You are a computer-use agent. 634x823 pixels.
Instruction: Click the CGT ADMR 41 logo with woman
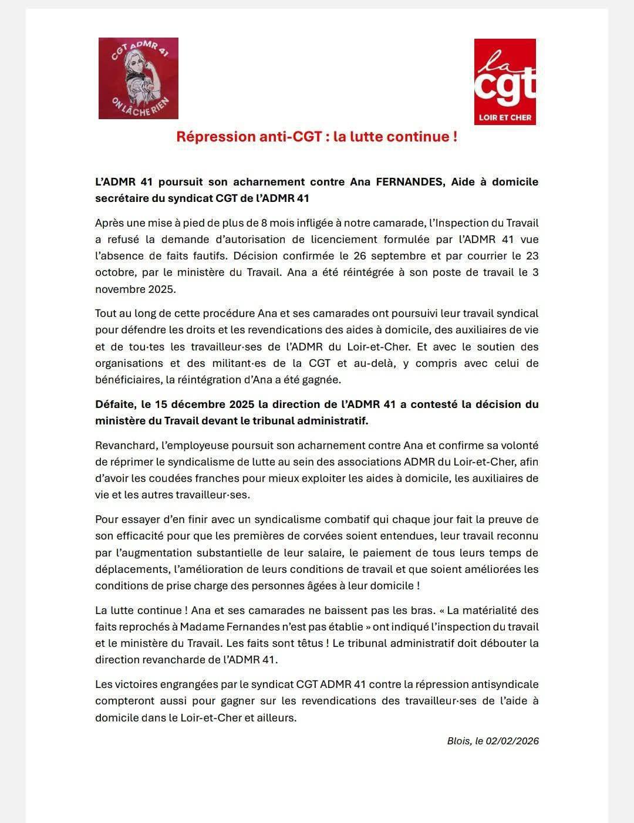click(139, 78)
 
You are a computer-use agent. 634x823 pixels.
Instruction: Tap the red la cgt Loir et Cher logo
click(505, 82)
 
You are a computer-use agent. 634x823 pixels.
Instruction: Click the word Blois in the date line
click(458, 741)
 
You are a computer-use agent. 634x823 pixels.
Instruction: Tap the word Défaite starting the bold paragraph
click(115, 404)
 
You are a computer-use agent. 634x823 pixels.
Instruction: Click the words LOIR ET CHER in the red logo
click(505, 117)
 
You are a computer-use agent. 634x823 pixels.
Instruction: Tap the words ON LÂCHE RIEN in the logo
click(140, 106)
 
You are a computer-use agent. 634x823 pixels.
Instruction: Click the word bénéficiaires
click(128, 380)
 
